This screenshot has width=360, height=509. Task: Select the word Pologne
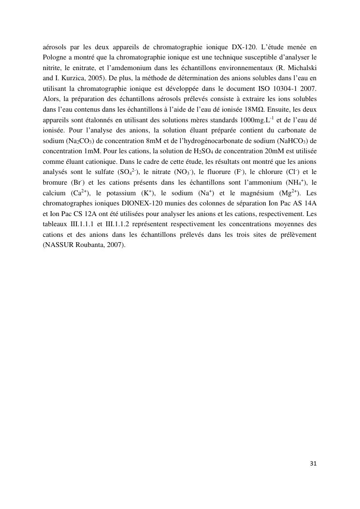click(x=56, y=58)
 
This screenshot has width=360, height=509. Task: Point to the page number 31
click(x=313, y=464)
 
